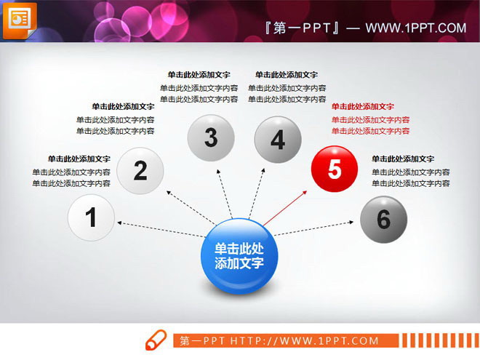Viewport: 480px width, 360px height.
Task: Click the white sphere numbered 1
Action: (x=92, y=217)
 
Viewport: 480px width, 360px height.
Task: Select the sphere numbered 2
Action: (x=140, y=171)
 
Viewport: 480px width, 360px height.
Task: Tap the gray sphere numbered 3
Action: (x=211, y=137)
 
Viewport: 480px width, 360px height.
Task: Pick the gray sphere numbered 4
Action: (x=277, y=139)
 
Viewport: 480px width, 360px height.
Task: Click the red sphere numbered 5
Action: (x=335, y=169)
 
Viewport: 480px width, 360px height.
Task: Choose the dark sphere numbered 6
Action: (x=383, y=219)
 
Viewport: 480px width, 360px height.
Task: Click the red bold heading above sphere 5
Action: (x=363, y=106)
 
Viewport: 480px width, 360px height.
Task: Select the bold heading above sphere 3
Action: (x=199, y=75)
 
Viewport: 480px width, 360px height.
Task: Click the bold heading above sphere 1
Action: (x=79, y=159)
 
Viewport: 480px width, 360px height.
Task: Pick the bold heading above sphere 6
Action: (x=403, y=159)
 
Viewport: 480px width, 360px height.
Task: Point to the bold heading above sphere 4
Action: (x=287, y=75)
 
